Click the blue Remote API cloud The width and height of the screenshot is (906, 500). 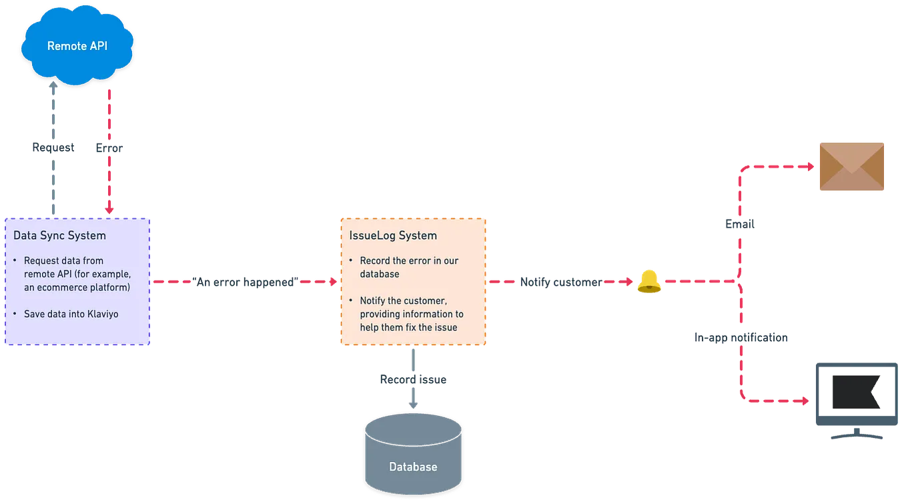[x=77, y=46]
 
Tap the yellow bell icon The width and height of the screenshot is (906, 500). [x=647, y=282]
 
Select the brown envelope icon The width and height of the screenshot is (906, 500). [x=851, y=166]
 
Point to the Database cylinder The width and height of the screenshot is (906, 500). [x=413, y=453]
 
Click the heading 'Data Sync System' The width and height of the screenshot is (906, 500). [x=59, y=236]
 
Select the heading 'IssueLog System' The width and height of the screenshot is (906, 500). [x=393, y=236]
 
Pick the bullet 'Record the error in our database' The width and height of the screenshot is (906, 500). [x=408, y=267]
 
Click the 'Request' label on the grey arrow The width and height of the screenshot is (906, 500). [x=53, y=148]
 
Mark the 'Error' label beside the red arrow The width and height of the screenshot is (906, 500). [x=109, y=148]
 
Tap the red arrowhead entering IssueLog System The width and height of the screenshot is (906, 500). [x=330, y=282]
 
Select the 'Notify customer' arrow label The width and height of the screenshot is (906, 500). [x=558, y=282]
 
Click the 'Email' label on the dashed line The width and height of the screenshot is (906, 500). [x=739, y=224]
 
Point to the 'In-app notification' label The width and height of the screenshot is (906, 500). [x=741, y=338]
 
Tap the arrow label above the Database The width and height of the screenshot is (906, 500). [x=413, y=379]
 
